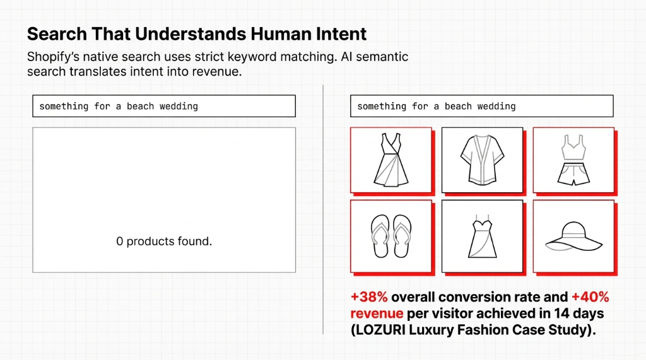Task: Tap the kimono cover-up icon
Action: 481,160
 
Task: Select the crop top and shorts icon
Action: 572,160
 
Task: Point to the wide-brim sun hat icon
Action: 572,236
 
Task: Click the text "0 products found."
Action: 164,241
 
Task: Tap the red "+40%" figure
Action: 590,297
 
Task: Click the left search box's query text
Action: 119,107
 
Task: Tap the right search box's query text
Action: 437,107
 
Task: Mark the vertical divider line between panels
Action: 323,208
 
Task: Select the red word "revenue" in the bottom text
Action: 377,313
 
